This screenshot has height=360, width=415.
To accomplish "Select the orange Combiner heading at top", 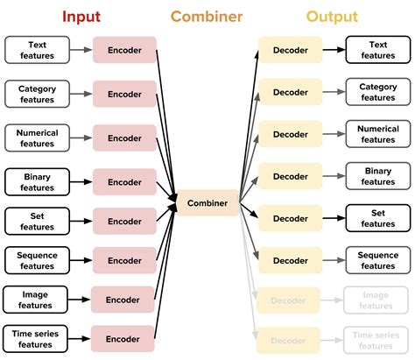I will tap(207, 16).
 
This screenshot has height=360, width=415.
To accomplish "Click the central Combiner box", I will tap(207, 203).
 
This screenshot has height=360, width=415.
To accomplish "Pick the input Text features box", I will tap(37, 50).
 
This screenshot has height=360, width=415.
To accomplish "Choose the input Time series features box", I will tap(37, 339).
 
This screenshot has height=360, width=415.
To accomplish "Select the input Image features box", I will tap(37, 300).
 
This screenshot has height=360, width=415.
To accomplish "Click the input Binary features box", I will tap(37, 182).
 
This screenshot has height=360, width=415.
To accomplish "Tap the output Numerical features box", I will tap(377, 134).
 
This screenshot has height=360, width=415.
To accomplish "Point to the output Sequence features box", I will tap(377, 260).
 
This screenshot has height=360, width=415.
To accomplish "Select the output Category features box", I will tap(377, 92).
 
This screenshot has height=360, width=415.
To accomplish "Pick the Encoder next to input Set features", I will tap(123, 220).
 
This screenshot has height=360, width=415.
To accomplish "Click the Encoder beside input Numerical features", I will tap(123, 137).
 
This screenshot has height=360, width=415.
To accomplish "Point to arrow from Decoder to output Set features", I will tap(333, 217).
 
